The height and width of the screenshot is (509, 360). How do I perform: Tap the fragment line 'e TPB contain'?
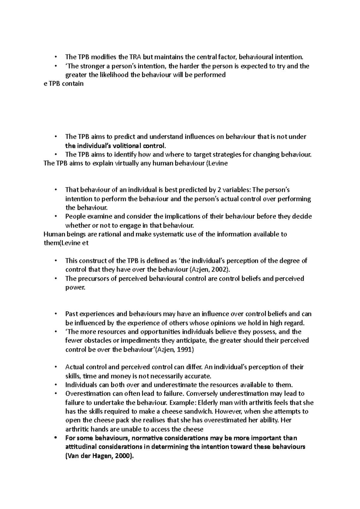tap(64, 84)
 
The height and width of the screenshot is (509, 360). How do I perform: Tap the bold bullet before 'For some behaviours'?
tap(56, 438)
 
